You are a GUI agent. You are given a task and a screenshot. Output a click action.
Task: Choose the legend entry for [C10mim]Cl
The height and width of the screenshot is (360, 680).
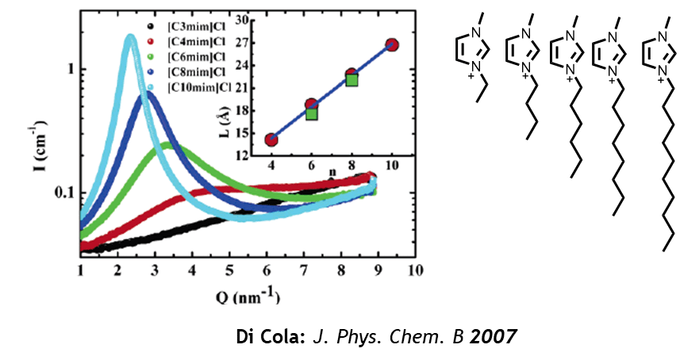(x=198, y=86)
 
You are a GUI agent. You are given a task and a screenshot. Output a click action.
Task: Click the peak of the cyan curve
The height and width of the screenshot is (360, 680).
(x=129, y=36)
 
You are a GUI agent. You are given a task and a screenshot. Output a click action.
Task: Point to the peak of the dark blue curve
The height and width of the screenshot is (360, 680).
(x=147, y=94)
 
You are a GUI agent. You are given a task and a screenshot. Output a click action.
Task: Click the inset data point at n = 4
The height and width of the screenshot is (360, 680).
(x=271, y=140)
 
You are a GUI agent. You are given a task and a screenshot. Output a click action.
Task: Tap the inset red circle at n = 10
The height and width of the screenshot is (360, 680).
(x=391, y=45)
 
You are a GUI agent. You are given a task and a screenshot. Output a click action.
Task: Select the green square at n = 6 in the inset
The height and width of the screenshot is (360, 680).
(x=312, y=113)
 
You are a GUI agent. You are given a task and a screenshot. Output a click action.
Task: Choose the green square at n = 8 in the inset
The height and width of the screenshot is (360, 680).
(x=352, y=79)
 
